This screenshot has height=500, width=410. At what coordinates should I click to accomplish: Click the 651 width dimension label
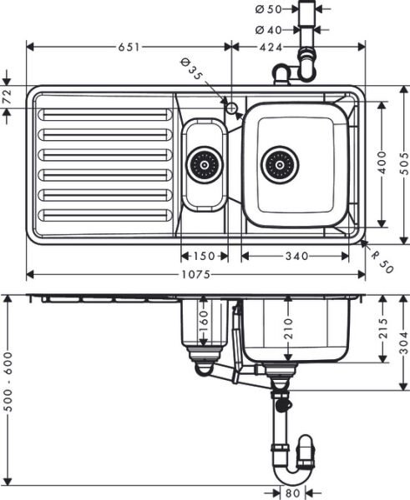[x=128, y=47]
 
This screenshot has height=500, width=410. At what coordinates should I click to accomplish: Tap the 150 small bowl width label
[x=204, y=255]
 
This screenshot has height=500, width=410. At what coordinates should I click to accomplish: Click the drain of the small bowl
[x=204, y=164]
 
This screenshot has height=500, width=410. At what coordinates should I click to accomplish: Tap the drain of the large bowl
[x=279, y=164]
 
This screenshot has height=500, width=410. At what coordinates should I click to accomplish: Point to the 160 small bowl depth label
[x=200, y=320]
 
